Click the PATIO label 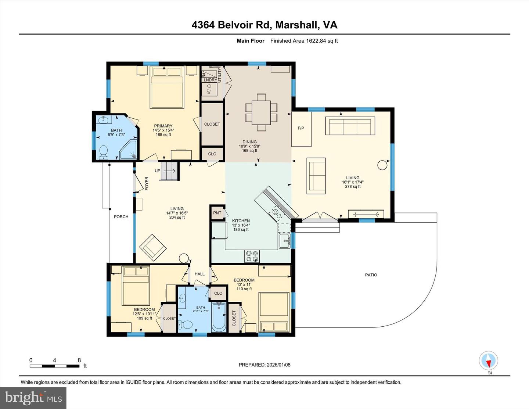(371, 275)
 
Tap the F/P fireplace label (301, 128)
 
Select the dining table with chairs (261, 112)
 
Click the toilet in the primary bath (104, 153)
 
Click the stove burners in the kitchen (252, 256)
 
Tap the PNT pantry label (217, 213)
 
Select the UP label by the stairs (157, 171)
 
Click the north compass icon (488, 361)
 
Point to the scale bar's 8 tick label (79, 360)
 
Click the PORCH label (121, 217)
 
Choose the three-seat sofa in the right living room (350, 126)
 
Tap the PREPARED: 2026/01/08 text (264, 365)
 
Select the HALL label (199, 274)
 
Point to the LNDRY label (210, 80)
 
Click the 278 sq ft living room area (353, 187)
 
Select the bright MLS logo (33, 398)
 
